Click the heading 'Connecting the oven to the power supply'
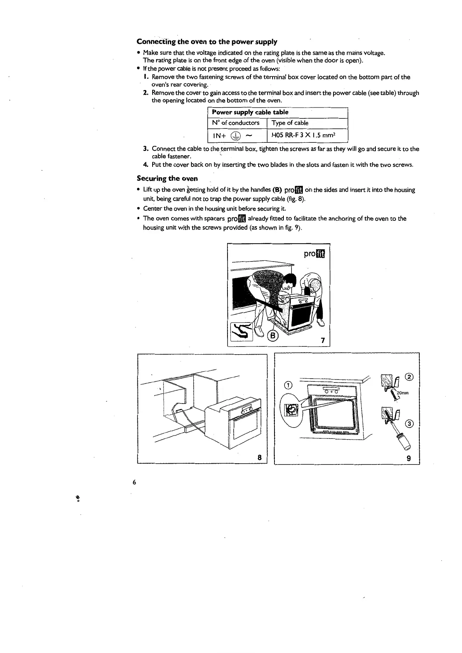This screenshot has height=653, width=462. click(207, 42)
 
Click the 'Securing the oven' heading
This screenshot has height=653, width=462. click(167, 178)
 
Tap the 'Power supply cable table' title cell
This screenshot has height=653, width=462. click(250, 112)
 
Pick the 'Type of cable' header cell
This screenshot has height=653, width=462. click(290, 123)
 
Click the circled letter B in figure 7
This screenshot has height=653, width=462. click(273, 336)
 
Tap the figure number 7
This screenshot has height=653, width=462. click(322, 341)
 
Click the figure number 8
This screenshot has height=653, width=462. click(259, 457)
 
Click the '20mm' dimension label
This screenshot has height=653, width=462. click(403, 393)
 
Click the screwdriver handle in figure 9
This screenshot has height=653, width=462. click(399, 441)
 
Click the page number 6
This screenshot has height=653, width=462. click(134, 482)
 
